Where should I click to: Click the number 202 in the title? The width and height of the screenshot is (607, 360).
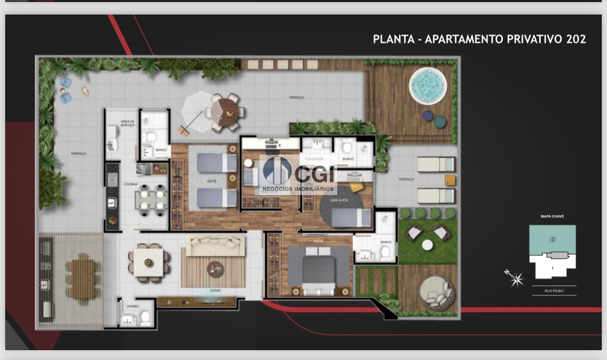click(x=576, y=39)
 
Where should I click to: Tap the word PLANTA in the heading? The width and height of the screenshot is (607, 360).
click(x=393, y=39)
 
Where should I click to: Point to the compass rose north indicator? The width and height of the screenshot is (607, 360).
click(x=515, y=279)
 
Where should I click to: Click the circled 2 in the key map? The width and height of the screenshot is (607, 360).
click(x=553, y=240)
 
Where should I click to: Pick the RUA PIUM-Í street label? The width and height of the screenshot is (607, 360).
click(x=554, y=292)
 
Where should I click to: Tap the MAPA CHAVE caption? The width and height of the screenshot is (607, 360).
click(x=552, y=216)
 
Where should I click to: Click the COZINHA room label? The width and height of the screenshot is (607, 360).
click(x=130, y=184)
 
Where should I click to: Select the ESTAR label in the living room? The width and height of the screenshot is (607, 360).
click(x=215, y=290)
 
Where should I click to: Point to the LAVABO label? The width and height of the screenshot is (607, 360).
click(x=132, y=306)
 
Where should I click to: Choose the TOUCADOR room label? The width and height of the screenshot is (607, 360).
click(x=314, y=159)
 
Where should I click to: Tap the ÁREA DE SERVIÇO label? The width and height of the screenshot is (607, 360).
click(x=128, y=123)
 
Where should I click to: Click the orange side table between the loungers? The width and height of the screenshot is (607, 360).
click(x=450, y=180)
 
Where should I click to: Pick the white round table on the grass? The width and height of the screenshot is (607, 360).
click(x=427, y=245)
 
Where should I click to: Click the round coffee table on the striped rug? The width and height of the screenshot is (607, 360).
click(x=215, y=269)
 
